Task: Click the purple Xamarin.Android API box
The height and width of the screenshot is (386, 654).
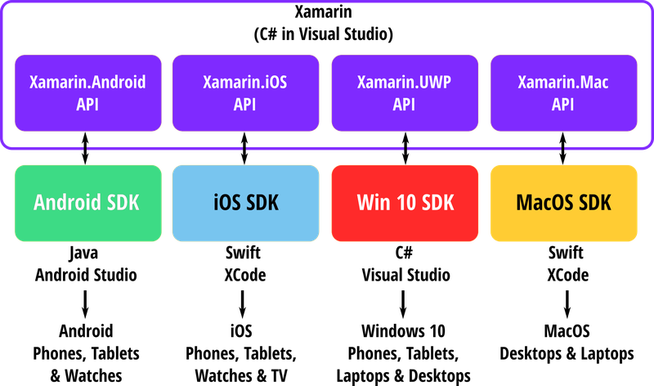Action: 87,93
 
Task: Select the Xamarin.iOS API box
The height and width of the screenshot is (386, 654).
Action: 245,93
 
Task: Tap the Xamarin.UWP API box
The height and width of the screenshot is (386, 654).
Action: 404,93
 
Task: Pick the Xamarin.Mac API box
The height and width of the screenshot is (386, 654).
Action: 563,93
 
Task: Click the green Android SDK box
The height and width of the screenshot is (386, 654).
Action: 87,203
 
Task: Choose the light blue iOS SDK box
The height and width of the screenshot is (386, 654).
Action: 245,203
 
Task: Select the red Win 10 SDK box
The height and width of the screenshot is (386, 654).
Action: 404,203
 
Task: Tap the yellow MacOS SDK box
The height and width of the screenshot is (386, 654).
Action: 563,203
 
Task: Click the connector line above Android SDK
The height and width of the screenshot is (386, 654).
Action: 87,156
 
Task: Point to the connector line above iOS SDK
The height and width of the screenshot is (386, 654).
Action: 245,156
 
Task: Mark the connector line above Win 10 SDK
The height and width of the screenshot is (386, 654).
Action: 404,156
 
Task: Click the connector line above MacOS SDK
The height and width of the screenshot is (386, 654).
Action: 563,156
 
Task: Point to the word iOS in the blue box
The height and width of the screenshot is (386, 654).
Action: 227,203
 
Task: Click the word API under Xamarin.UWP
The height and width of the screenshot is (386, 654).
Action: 404,105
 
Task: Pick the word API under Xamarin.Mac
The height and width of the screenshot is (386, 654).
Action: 563,105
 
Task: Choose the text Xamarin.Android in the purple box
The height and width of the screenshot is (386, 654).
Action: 87,83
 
